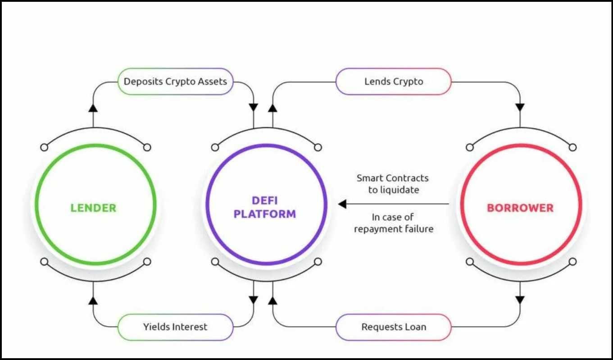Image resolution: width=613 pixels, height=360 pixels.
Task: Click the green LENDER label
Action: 93,208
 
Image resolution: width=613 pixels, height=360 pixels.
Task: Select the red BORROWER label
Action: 520,208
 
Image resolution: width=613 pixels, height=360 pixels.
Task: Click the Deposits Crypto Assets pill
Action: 175,82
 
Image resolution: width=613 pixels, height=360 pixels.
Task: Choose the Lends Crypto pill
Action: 393,82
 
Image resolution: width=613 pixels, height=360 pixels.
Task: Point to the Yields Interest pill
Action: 175,327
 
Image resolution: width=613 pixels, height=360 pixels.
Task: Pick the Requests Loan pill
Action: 393,327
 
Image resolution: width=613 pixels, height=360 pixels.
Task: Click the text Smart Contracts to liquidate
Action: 393,184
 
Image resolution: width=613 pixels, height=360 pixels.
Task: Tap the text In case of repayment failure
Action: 393,223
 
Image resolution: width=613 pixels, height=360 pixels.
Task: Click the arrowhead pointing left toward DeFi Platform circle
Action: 342,204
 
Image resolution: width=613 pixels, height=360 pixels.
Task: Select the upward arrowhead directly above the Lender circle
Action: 93,107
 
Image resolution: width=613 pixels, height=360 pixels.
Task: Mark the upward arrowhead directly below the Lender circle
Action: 93,300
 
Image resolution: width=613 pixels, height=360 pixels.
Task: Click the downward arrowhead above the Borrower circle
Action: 520,107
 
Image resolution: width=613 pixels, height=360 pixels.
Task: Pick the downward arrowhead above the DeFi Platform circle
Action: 254,107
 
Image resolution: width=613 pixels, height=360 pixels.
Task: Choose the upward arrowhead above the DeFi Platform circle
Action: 272,107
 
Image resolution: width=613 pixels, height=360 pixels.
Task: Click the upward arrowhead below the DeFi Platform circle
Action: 272,300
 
